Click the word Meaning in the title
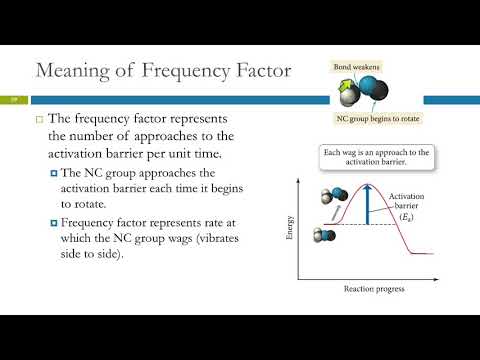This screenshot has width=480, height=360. click(69, 71)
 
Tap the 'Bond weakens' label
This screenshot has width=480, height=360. click(355, 66)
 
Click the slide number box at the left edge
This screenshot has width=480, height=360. click(14, 99)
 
